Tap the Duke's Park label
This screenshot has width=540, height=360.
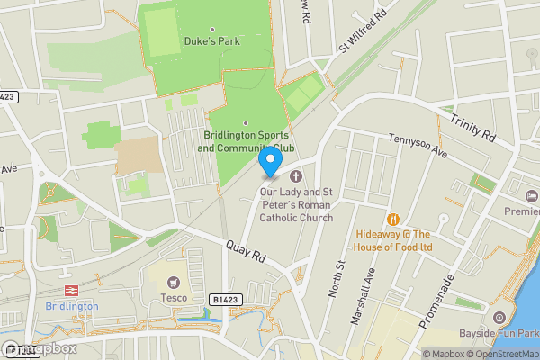click(212, 40)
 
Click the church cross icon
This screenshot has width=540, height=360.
click(295, 177)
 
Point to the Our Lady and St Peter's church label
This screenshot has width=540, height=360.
click(295, 204)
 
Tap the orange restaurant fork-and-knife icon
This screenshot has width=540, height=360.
click(392, 219)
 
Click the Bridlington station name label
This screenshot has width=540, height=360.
click(71, 306)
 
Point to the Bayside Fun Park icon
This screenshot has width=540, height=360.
click(499, 317)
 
